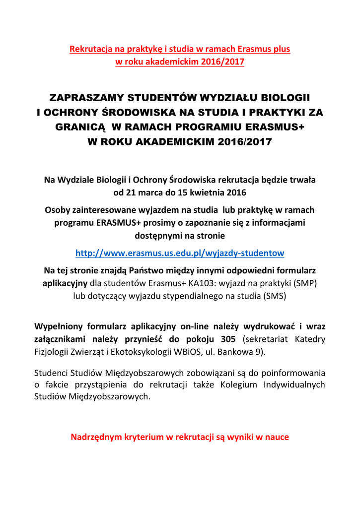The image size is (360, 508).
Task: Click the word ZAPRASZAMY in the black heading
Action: click(81, 96)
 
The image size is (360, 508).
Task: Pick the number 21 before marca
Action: click(130, 191)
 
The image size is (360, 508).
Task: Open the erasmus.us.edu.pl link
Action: click(179, 253)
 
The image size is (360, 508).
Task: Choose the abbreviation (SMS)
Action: click(275, 296)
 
